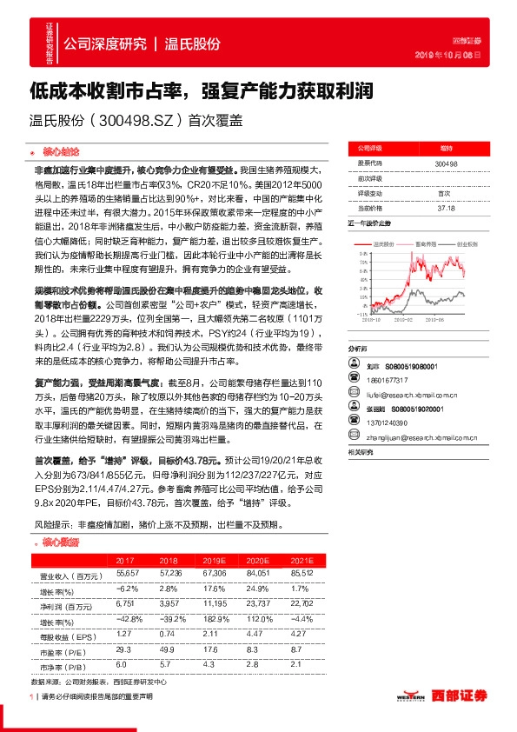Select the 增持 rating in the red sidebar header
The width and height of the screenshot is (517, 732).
pos(445,149)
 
